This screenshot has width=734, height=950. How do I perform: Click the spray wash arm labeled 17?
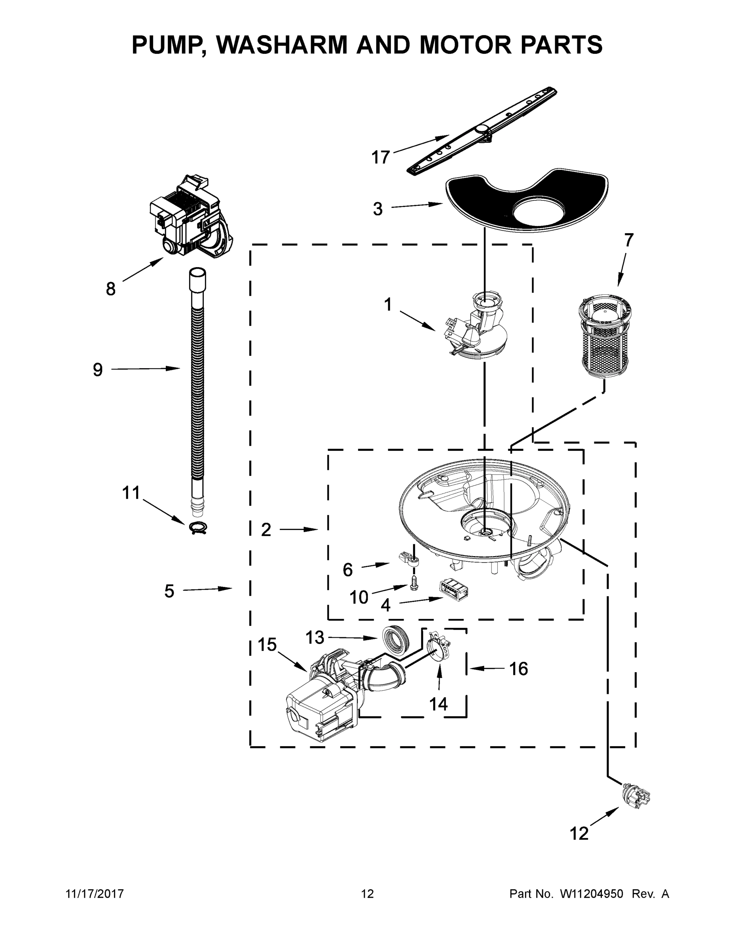click(482, 131)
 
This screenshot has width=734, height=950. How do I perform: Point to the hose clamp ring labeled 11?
click(198, 528)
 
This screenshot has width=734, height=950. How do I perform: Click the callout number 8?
click(111, 289)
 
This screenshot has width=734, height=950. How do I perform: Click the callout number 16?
click(518, 669)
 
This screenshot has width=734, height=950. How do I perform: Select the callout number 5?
click(169, 591)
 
